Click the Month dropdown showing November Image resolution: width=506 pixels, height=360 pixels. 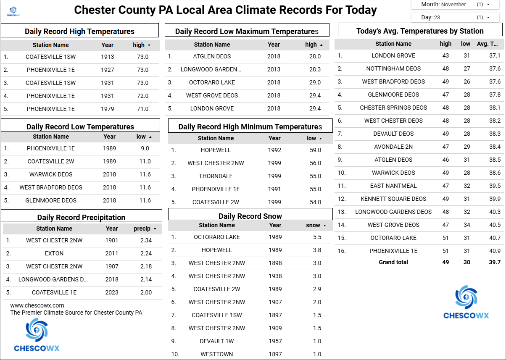pos(456,5)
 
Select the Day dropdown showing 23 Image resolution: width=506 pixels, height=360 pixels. pos(456,18)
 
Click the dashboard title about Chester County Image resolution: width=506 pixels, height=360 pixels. pos(225,10)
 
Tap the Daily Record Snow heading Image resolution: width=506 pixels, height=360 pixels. pos(250,216)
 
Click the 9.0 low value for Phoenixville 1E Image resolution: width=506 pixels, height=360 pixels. pos(145,148)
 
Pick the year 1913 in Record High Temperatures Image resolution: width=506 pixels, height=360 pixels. pos(108,57)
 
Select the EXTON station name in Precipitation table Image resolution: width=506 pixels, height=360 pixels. pos(54,253)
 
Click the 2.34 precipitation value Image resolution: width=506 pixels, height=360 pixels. pos(146,240)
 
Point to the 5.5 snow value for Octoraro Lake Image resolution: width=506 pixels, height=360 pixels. pos(317,237)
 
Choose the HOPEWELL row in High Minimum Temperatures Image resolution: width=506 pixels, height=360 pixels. pos(216,150)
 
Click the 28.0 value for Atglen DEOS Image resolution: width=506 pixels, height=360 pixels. pos(315,56)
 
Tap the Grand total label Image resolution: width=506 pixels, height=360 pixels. pos(393,262)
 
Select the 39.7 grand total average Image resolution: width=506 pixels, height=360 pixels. pos(495,262)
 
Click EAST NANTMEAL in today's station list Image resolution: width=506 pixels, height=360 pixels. pos(393,186)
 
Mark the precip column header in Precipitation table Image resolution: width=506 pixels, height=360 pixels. pos(142,229)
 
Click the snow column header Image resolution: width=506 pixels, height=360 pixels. pos(313,225)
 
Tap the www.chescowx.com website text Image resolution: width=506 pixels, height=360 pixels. pos(37,305)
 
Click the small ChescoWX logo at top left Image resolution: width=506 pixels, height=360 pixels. pos(13,11)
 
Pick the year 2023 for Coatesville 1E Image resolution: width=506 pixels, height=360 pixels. pos(112,292)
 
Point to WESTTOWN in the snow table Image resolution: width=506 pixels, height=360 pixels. pos(216,354)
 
